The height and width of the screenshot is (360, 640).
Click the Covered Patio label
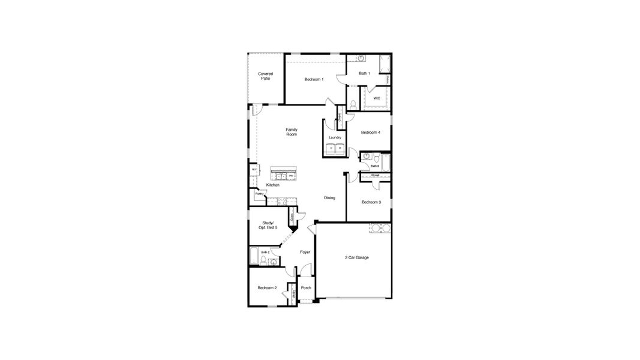tap(265, 76)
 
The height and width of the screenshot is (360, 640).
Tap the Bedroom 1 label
tap(314, 79)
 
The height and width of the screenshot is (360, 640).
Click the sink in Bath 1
tap(361, 58)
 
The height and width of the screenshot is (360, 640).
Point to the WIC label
tap(377, 98)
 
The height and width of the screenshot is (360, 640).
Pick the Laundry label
tap(335, 137)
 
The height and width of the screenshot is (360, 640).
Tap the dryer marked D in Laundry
tap(331, 148)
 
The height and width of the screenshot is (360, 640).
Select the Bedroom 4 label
tap(370, 133)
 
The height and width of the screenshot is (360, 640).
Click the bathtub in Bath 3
tap(386, 163)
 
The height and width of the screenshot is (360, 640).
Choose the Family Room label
tap(292, 132)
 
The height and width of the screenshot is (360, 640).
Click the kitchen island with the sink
tap(284, 174)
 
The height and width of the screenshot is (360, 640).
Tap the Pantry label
tap(259, 194)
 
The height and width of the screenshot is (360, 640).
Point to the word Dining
tap(330, 198)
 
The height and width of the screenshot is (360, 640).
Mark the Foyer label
tap(305, 252)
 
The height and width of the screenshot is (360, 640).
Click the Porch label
tap(306, 288)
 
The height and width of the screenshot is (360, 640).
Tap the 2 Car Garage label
tap(357, 257)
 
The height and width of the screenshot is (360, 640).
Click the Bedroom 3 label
tap(371, 202)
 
